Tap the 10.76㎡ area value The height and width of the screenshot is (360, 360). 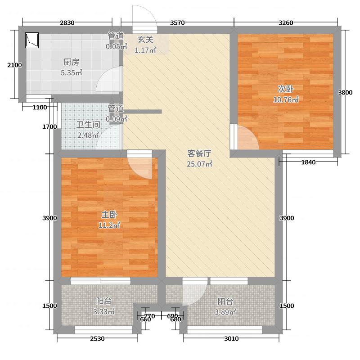point(286,99)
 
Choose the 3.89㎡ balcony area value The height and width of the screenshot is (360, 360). point(227,311)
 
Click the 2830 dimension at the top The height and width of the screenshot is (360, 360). point(67,23)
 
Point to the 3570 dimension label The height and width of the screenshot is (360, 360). point(177,23)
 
